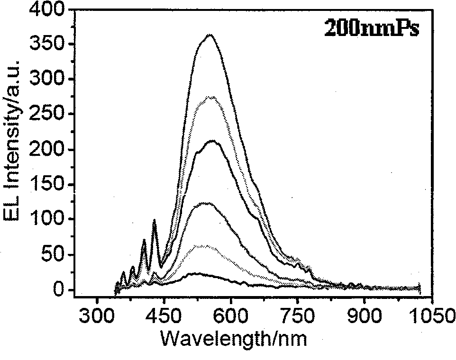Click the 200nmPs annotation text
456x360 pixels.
372,28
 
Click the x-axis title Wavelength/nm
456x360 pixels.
234,339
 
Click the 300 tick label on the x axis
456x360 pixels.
97,315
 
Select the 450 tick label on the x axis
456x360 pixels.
164,315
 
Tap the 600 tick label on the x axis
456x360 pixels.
230,315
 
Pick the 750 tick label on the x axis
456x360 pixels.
297,315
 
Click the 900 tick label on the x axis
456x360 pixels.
364,315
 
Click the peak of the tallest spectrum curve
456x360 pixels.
210,35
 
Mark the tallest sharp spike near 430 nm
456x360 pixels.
154,220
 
